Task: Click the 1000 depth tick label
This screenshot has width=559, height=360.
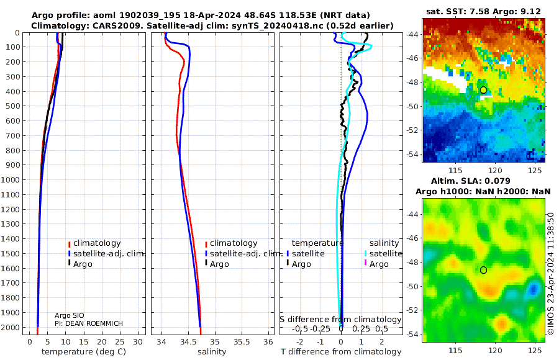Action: [x=11, y=180]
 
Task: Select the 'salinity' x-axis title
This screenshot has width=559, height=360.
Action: [x=212, y=352]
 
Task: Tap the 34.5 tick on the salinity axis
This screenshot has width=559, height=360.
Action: [x=188, y=341]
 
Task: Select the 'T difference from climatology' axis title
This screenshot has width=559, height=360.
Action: [x=341, y=352]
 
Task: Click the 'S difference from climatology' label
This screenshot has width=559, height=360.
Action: [x=341, y=319]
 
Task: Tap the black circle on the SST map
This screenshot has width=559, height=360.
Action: [x=483, y=90]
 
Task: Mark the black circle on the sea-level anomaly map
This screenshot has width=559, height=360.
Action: [x=483, y=270]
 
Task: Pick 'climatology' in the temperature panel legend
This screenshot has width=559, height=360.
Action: [x=97, y=243]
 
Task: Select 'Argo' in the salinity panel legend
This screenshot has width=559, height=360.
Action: [x=219, y=264]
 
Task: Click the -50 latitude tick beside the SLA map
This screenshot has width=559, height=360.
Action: [x=412, y=286]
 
